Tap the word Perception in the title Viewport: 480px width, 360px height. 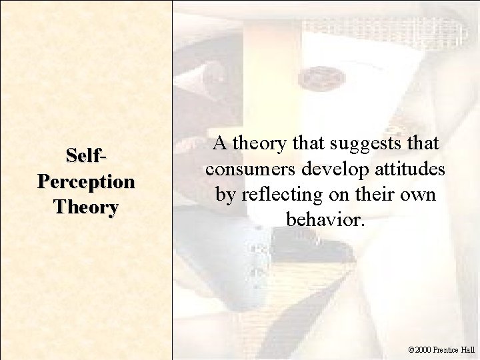tap(87, 181)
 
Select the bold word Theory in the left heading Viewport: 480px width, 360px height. tap(87, 207)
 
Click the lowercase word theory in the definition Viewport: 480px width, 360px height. tap(258, 143)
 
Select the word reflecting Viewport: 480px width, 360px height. tap(277, 194)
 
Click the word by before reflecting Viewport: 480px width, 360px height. tap(223, 194)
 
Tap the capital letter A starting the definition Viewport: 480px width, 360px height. tap(219, 143)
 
